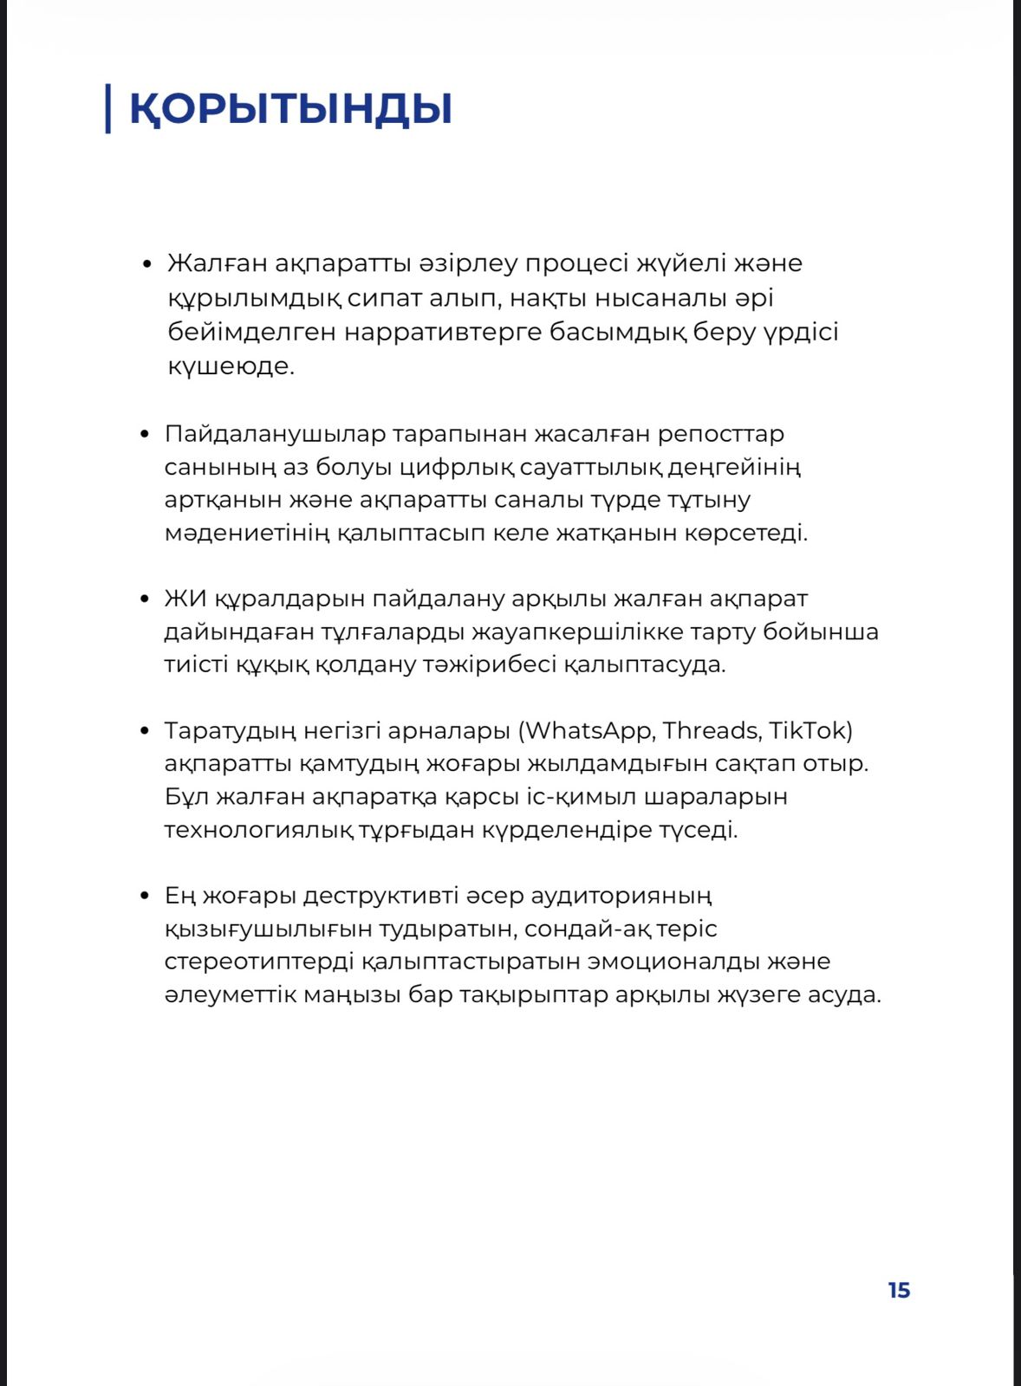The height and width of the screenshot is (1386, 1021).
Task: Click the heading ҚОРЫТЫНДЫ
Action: coord(290,109)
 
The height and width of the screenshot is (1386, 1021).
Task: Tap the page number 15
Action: coord(899,1291)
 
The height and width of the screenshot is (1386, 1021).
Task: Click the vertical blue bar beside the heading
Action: coord(107,108)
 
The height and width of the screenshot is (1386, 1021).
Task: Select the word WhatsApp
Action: coord(589,731)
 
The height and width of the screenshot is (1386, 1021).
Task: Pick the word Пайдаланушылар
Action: coord(275,434)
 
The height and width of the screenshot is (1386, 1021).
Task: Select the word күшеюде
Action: coord(231,366)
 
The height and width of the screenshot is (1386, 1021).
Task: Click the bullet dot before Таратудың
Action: coord(145,731)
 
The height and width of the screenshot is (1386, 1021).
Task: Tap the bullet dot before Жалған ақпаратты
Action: coord(147,263)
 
